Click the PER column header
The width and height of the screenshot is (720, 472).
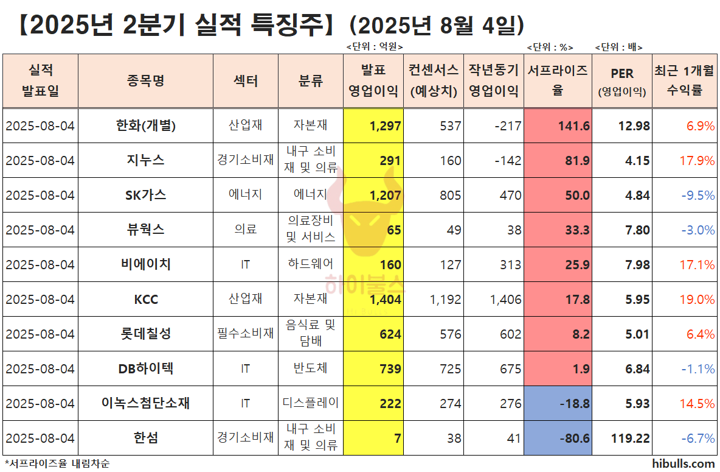[x=622, y=80]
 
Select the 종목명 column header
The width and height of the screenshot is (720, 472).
[x=146, y=81]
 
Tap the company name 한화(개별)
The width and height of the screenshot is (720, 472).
[x=146, y=125]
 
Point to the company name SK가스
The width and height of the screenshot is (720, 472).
[x=146, y=195]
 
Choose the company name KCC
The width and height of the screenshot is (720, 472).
[x=146, y=300]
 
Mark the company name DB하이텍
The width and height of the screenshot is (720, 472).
[x=146, y=369]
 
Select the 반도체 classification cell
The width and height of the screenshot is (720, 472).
[x=311, y=369]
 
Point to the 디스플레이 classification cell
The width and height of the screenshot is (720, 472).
[x=311, y=403]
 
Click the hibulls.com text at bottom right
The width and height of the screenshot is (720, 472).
[x=683, y=463]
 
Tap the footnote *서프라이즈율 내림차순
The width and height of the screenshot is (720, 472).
[x=57, y=463]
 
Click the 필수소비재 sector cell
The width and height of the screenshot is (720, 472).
[x=246, y=334]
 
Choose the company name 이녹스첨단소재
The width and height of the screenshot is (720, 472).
[x=146, y=403]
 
